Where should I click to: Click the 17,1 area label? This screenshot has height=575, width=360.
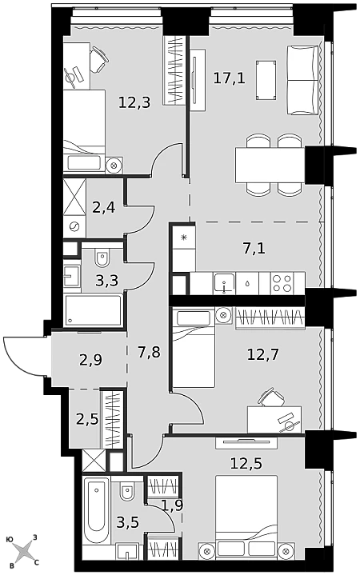click(229, 78)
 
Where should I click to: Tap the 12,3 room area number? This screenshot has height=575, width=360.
click(134, 102)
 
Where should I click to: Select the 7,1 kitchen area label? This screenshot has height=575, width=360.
click(254, 249)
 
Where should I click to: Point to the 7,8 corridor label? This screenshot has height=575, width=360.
click(149, 353)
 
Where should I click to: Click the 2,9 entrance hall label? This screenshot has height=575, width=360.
click(90, 360)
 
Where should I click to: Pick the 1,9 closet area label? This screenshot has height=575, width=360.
click(172, 505)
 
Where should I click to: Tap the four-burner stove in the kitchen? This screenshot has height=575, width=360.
click(282, 283)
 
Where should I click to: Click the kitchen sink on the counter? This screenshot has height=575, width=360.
click(224, 283)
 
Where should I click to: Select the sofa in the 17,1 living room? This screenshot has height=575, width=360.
click(302, 80)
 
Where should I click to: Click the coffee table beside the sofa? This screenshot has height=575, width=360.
click(266, 80)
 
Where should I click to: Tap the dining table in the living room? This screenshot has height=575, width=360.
click(270, 165)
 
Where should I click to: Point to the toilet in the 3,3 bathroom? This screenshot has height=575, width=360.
click(102, 258)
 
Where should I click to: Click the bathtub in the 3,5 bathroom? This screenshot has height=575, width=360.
click(96, 510)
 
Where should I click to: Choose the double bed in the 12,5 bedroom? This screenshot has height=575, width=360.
click(246, 517)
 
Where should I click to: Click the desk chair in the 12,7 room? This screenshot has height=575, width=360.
click(272, 397)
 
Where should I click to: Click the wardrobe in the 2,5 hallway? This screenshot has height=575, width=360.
click(112, 419)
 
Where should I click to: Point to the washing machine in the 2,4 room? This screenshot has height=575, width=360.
click(74, 226)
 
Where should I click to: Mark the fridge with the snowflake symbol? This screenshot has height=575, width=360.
click(184, 237)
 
